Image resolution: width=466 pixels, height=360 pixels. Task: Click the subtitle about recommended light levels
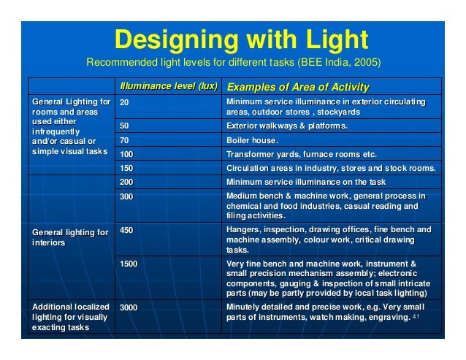pyautogui.click(x=234, y=62)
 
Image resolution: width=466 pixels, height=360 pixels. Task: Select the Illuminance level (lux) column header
pyautogui.click(x=169, y=87)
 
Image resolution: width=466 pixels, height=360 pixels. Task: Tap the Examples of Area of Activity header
pyautogui.click(x=298, y=88)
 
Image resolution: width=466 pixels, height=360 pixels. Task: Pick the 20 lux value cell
pyautogui.click(x=124, y=102)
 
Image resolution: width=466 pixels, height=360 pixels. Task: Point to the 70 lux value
pyautogui.click(x=124, y=140)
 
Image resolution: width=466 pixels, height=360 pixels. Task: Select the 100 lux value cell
pyautogui.click(x=126, y=155)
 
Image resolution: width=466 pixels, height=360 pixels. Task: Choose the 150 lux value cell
pyautogui.click(x=126, y=168)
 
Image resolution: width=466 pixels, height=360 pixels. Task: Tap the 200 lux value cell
pyautogui.click(x=126, y=182)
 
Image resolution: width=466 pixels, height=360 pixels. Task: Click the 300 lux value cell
pyautogui.click(x=126, y=196)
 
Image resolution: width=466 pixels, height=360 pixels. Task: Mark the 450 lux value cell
pyautogui.click(x=126, y=230)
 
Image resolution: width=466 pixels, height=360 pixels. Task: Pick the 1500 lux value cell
pyautogui.click(x=129, y=264)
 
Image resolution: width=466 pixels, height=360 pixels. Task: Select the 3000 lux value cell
pyautogui.click(x=129, y=307)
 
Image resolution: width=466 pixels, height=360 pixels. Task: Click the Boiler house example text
pyautogui.click(x=252, y=140)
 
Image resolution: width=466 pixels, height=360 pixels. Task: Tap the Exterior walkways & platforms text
pyautogui.click(x=287, y=126)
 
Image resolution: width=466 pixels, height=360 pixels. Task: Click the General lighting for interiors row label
pyautogui.click(x=70, y=237)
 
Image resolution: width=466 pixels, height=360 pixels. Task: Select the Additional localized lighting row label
pyautogui.click(x=70, y=317)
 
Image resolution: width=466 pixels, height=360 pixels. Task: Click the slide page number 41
pyautogui.click(x=416, y=318)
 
